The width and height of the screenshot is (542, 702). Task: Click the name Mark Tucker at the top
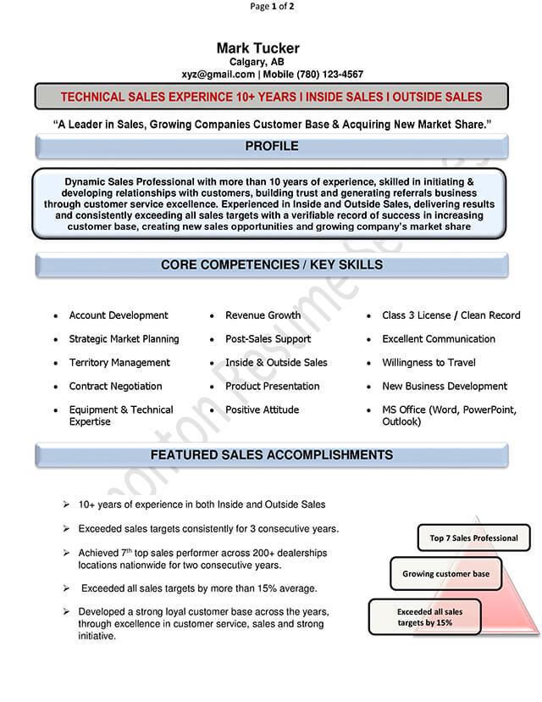257,47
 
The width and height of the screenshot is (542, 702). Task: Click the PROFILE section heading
271,147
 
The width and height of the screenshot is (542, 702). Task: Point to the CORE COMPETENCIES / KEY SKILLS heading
271,265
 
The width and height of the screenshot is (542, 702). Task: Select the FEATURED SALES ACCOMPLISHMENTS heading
271,455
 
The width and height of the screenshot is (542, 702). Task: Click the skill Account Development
119,315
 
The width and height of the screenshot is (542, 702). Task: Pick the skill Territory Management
119,363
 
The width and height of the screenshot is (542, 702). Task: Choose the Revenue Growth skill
263,315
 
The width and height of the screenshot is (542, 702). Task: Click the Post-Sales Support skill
268,339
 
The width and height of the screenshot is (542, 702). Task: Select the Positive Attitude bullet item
262,410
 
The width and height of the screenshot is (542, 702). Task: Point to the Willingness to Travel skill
429,363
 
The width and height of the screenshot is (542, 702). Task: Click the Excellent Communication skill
439,339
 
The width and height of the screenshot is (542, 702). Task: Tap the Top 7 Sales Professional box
473,538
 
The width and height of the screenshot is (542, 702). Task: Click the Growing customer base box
445,574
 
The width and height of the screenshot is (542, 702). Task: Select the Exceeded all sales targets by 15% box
425,617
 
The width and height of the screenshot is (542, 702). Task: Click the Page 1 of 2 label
272,7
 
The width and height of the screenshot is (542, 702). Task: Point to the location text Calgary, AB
257,62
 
